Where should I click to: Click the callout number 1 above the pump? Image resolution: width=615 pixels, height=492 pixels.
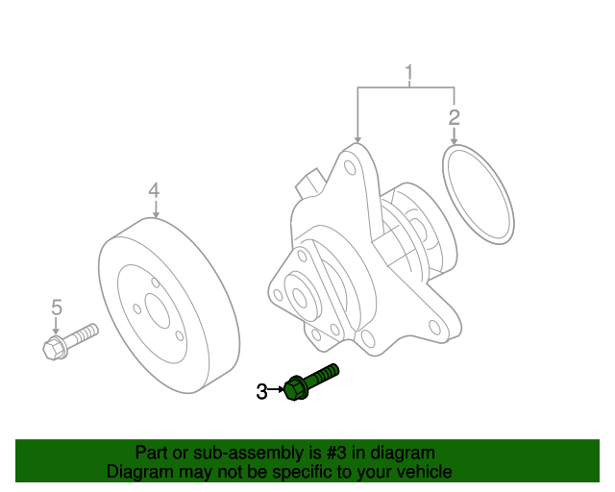[x=408, y=73]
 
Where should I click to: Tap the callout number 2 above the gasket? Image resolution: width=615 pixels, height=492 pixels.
[x=455, y=118]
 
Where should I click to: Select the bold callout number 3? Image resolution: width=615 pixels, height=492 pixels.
[x=261, y=391]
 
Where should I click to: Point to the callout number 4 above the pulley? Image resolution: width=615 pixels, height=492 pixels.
[x=154, y=191]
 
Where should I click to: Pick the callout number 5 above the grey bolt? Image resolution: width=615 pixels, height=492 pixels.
[x=56, y=307]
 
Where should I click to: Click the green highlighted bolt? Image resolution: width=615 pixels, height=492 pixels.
[x=311, y=380]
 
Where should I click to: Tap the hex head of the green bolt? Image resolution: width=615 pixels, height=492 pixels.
[x=296, y=389]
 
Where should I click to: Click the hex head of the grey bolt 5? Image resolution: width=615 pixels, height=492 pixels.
[x=55, y=347]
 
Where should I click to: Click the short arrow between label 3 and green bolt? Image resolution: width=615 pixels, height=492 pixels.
[x=277, y=390]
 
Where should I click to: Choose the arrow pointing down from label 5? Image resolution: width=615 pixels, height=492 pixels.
[x=56, y=325]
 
